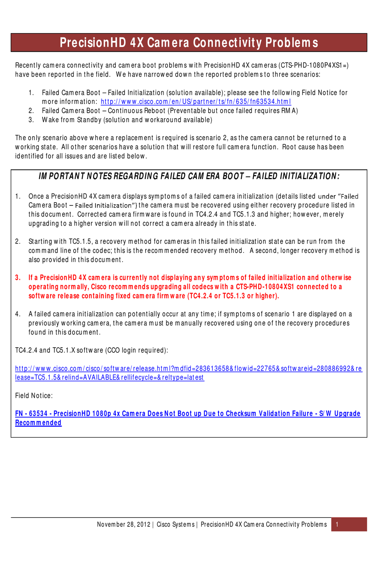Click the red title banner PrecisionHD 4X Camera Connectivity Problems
[189, 43]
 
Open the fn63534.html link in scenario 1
[196, 102]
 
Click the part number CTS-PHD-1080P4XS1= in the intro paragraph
[313, 65]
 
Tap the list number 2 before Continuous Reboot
[31, 111]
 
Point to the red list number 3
[18, 278]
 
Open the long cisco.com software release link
[189, 369]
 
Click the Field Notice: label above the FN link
[34, 395]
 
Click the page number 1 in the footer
[337, 524]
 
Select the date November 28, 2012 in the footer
[123, 524]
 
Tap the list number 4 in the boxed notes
[18, 314]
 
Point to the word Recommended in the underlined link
[38, 423]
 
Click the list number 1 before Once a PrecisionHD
[18, 196]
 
